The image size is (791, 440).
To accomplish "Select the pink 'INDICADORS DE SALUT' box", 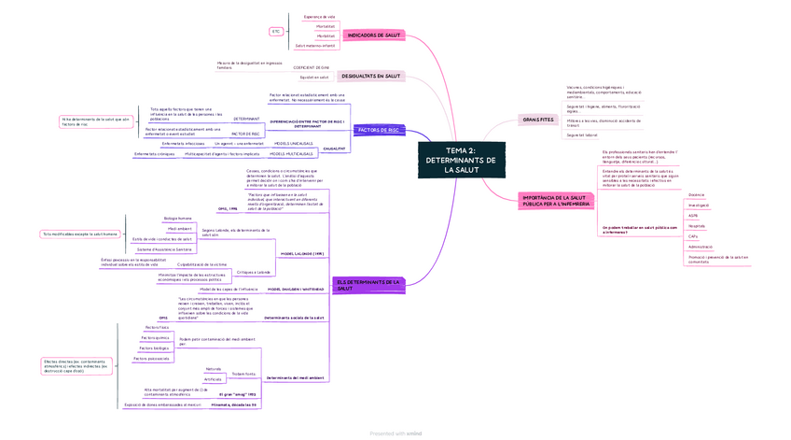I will (x=374, y=35).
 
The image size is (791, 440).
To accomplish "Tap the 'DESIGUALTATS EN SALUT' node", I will (x=370, y=76).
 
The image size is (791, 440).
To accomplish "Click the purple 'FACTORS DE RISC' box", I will (x=379, y=130).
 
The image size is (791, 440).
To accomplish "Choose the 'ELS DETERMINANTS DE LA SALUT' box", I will (x=368, y=284).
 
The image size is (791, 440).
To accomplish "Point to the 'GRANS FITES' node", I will (x=537, y=120).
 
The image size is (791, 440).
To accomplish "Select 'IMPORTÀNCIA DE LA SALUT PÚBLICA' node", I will (x=554, y=200).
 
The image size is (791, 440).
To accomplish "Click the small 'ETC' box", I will (x=276, y=32).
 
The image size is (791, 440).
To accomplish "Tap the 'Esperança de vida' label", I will (x=319, y=16).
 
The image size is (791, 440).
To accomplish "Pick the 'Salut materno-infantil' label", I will (x=315, y=45).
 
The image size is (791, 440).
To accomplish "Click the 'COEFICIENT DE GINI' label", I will (x=311, y=67).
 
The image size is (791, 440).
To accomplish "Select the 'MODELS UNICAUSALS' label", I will (x=293, y=143).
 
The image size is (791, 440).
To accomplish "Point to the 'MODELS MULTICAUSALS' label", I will (x=291, y=153).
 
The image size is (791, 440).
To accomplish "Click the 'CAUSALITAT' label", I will (x=333, y=149).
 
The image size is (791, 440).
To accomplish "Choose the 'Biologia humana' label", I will (x=177, y=219).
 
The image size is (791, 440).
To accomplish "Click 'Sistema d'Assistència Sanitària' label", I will (x=164, y=249).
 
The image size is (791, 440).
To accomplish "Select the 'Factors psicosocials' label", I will (x=151, y=358).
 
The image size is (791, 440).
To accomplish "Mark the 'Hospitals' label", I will (x=697, y=225).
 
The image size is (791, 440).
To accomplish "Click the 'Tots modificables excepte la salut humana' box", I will (x=79, y=234).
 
